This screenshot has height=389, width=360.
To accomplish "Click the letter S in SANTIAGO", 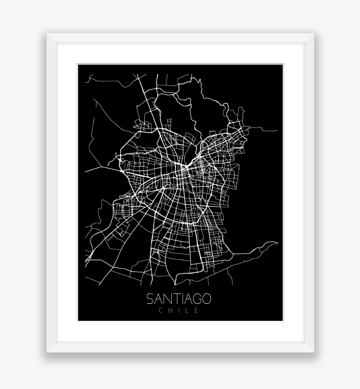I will click(x=150, y=299).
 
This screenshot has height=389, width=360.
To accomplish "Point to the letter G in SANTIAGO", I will click(x=196, y=299).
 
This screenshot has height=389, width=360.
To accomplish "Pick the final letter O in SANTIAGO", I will click(x=206, y=299).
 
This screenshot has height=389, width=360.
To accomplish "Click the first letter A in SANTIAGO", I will click(x=158, y=299).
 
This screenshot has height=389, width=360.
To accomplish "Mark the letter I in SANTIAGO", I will click(x=181, y=299).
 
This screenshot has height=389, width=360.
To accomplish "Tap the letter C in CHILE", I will click(x=161, y=310).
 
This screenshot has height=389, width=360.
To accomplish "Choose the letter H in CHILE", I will click(x=170, y=310).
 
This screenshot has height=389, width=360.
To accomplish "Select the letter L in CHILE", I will click(x=188, y=310).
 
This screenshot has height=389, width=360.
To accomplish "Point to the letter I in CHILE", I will click(x=180, y=310).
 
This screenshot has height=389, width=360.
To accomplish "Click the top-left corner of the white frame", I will click(x=47, y=34).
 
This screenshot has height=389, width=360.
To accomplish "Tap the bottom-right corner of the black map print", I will click(x=283, y=320).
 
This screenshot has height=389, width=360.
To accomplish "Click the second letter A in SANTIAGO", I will click(x=187, y=299).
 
